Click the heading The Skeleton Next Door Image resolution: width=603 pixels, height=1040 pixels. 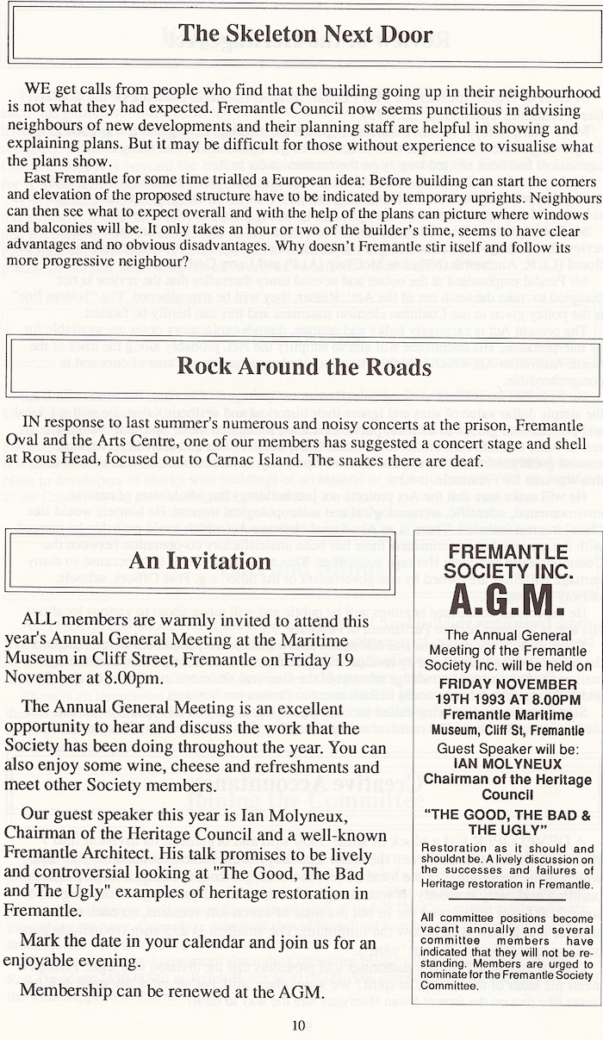[305, 35]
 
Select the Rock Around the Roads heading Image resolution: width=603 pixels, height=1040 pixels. [304, 365]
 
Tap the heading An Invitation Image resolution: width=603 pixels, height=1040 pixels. [200, 537]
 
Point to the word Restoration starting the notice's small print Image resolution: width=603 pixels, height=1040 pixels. [456, 848]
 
